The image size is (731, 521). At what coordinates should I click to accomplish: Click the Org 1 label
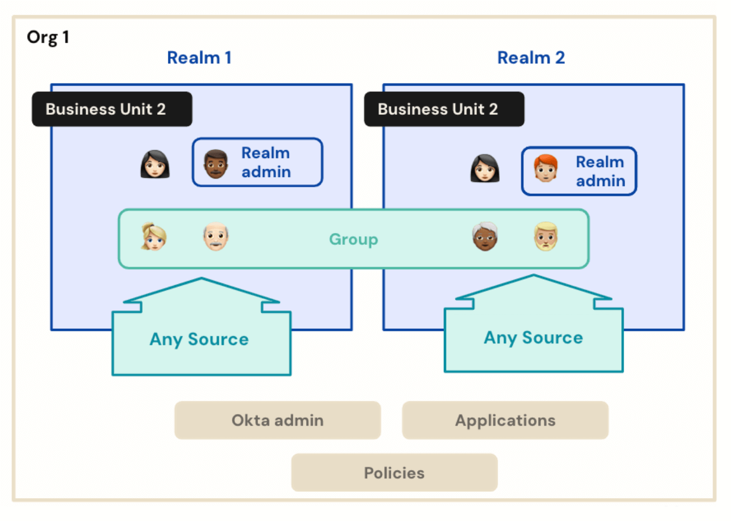48,38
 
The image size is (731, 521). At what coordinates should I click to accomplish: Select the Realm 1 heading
199,58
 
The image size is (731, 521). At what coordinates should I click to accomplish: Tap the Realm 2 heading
531,58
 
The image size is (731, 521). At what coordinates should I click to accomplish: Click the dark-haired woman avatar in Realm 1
155,164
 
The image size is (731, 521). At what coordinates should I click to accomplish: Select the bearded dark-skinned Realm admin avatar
215,164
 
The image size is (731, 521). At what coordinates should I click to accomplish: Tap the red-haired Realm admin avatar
546,169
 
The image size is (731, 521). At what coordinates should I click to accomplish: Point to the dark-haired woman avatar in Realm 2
485,169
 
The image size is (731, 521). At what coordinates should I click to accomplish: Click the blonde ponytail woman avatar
153,236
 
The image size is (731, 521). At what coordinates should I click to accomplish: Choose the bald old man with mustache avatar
215,237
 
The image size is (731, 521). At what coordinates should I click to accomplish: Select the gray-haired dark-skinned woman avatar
485,236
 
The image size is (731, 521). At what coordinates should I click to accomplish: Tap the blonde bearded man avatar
546,236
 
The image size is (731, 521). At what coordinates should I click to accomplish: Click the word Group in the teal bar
353,239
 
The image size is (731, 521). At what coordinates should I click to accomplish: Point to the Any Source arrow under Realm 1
200,338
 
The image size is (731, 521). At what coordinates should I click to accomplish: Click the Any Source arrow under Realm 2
533,337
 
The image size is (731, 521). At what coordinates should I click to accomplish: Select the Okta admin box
278,420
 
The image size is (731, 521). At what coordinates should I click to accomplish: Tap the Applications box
505,420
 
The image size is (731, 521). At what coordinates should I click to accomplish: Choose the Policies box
394,473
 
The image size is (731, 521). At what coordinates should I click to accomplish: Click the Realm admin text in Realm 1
266,162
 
